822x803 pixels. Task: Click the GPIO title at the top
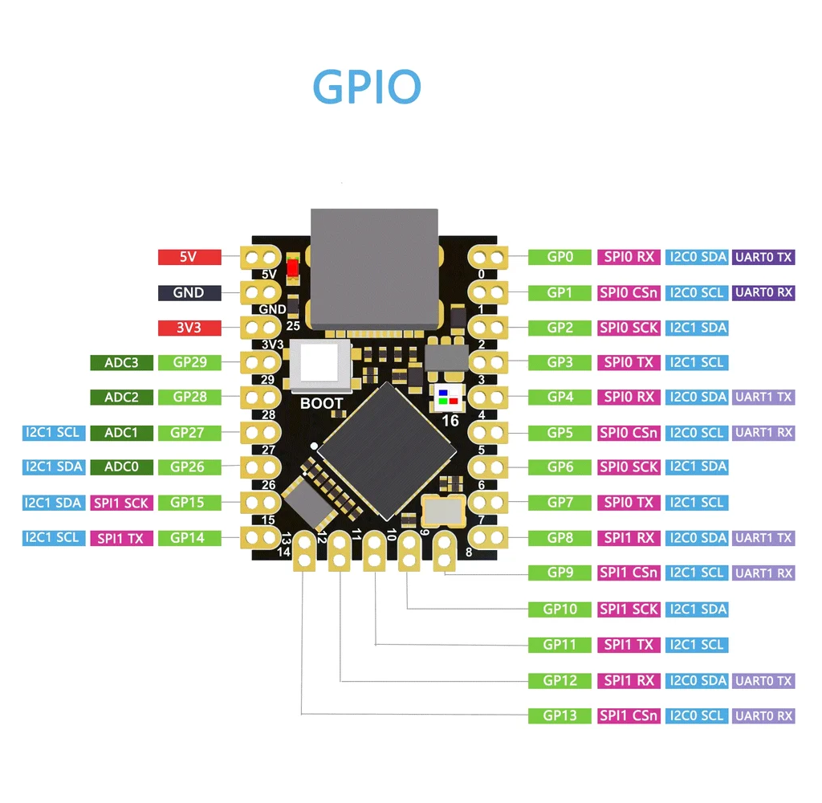coord(366,87)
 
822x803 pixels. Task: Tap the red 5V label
coord(189,257)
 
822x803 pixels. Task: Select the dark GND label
coord(189,292)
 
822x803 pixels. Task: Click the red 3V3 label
coord(189,328)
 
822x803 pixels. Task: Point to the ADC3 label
coord(122,362)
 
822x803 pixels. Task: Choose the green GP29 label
coord(189,362)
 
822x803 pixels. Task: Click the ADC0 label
coord(122,467)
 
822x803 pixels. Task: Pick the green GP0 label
coord(560,257)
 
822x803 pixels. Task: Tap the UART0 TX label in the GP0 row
coord(763,257)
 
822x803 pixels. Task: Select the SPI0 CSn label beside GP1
coord(629,292)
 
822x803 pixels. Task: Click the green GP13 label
coord(560,716)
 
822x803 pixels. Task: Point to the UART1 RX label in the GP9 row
coord(763,573)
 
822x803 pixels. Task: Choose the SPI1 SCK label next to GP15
coord(122,503)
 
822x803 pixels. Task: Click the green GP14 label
coord(189,538)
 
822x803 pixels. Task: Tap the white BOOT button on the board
coord(319,365)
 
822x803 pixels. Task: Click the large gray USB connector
coord(374,268)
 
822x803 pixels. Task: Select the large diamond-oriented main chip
coord(387,451)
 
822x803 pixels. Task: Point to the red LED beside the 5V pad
coord(292,268)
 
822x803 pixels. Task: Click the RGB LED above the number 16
coord(448,397)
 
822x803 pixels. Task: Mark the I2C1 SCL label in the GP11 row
coord(697,645)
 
